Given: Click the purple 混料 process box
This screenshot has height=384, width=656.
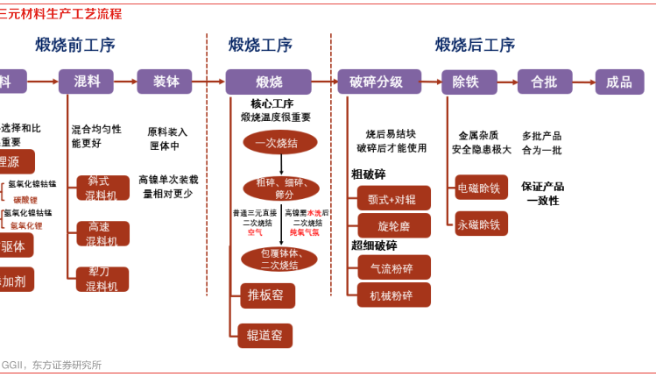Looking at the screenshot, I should pos(86,82).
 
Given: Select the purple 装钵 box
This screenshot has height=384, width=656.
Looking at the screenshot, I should pos(164,82).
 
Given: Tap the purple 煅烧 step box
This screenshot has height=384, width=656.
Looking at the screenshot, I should pos(268,82).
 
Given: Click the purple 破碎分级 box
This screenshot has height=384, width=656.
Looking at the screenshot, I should pos(376,82).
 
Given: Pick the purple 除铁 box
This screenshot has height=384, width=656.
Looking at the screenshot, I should pos(469,82).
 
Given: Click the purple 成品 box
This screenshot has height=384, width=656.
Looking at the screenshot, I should pos(618,82).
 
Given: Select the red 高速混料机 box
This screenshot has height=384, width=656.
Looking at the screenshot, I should pos(102,233).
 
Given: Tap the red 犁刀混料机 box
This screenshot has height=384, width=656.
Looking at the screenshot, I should pos(102,279).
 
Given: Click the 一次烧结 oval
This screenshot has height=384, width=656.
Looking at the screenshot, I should pos(280,142).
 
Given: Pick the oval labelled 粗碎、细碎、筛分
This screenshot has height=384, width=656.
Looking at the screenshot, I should pos(280,188).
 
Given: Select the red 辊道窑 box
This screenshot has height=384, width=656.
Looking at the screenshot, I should pos(265,336).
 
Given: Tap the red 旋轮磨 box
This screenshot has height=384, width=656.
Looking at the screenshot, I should pos(393,225).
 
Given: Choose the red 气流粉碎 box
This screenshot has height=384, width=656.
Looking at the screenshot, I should pos(393,268).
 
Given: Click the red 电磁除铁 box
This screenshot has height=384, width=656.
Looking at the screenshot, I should pos(481,187).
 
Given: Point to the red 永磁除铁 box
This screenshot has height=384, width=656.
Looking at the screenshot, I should pos(481,224).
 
